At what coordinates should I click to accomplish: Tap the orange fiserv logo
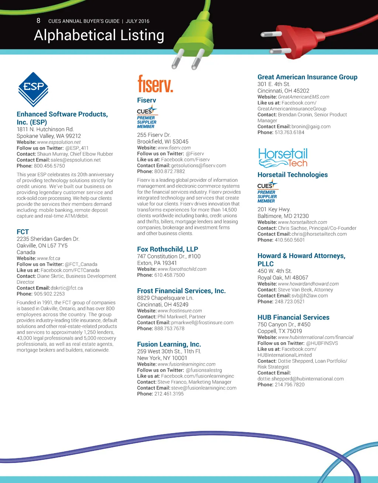155,84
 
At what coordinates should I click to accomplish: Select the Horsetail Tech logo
283,158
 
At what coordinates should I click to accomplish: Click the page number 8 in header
38,21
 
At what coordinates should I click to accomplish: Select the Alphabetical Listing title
99,35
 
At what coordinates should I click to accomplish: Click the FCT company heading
23,232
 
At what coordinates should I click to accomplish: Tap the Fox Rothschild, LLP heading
168,249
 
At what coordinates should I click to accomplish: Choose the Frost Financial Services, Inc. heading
181,291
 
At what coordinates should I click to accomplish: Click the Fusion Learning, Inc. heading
169,344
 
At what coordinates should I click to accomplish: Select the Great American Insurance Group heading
307,77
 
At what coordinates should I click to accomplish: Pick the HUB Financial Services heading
293,317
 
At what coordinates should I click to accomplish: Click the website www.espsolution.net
59,142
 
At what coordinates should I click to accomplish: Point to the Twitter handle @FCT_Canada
81,264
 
